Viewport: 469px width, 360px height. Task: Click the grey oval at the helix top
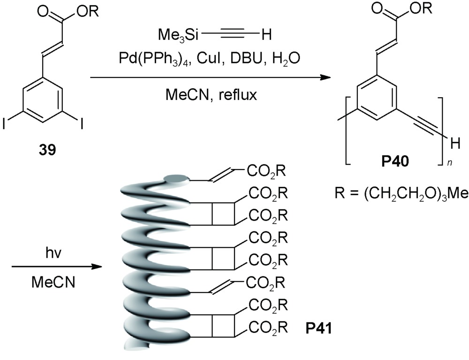click(x=176, y=178)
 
